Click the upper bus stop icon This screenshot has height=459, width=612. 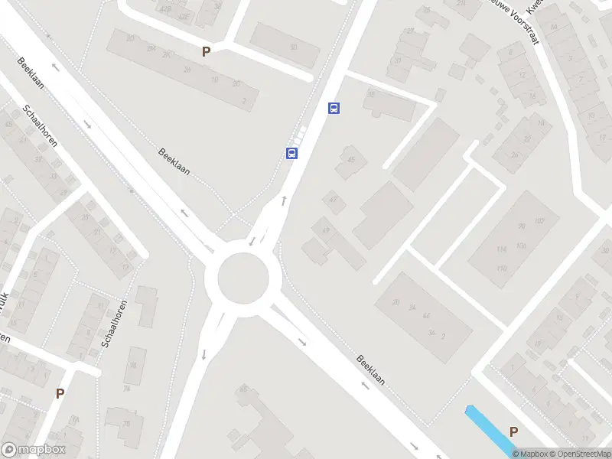(334, 108)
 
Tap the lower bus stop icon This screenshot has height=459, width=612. (291, 153)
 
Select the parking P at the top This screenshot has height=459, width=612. (205, 51)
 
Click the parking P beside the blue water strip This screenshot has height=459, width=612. (513, 431)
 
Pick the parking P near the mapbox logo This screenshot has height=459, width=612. (60, 393)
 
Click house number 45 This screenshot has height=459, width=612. (351, 160)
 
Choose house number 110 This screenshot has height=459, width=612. (502, 268)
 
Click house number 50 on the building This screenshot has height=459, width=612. (293, 47)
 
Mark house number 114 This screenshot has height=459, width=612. (502, 249)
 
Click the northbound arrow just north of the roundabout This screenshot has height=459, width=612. (285, 201)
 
